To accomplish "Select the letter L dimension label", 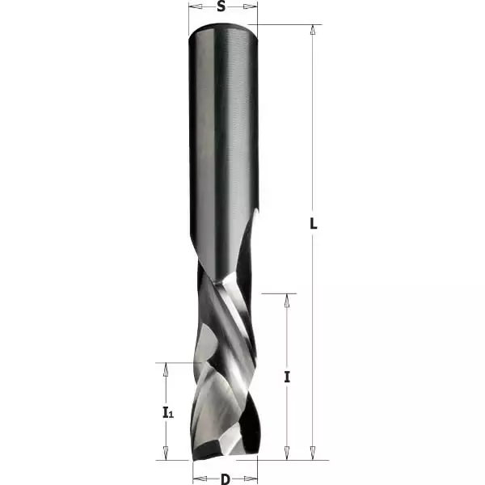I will click(314, 224).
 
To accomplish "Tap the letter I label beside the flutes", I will click(287, 376).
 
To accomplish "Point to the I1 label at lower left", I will click(167, 413).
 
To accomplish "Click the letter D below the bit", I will click(225, 479).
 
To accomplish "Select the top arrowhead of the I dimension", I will click(287, 298).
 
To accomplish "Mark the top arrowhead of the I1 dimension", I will click(167, 368).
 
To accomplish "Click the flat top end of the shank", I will click(223, 30).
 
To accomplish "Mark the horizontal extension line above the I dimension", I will click(279, 293).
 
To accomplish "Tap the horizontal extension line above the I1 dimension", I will click(174, 362).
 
